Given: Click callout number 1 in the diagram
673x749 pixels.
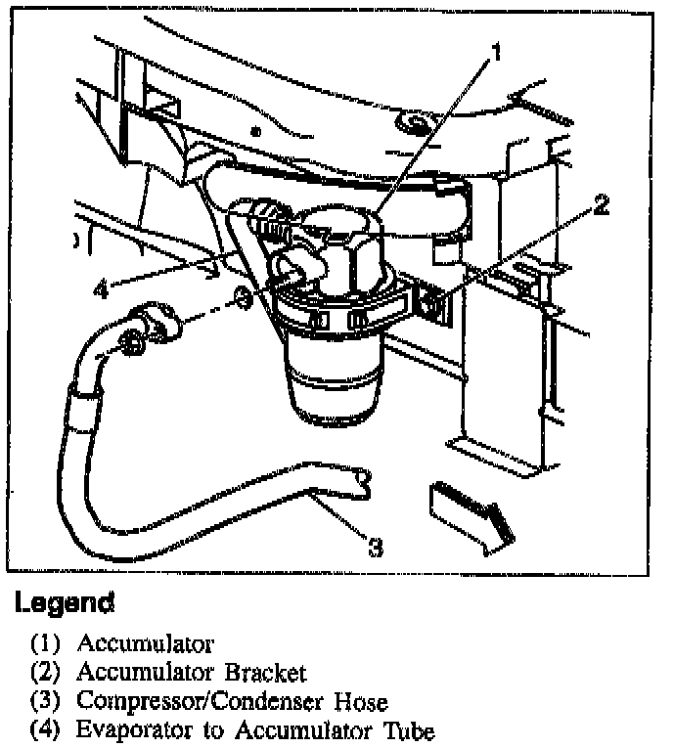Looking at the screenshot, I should point(496,51).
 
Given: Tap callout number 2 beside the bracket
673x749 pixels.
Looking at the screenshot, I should point(602,204).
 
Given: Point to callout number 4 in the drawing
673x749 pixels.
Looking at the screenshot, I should point(102,289).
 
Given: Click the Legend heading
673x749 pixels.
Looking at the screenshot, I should point(65,602).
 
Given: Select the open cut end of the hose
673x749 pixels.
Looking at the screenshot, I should point(364,479).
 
